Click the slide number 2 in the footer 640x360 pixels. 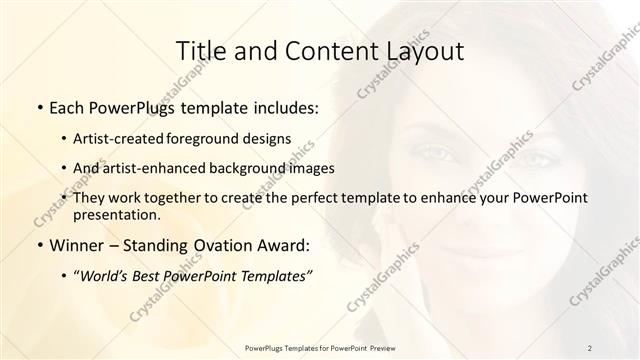click(x=590, y=347)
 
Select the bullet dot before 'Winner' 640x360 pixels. click(x=38, y=246)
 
